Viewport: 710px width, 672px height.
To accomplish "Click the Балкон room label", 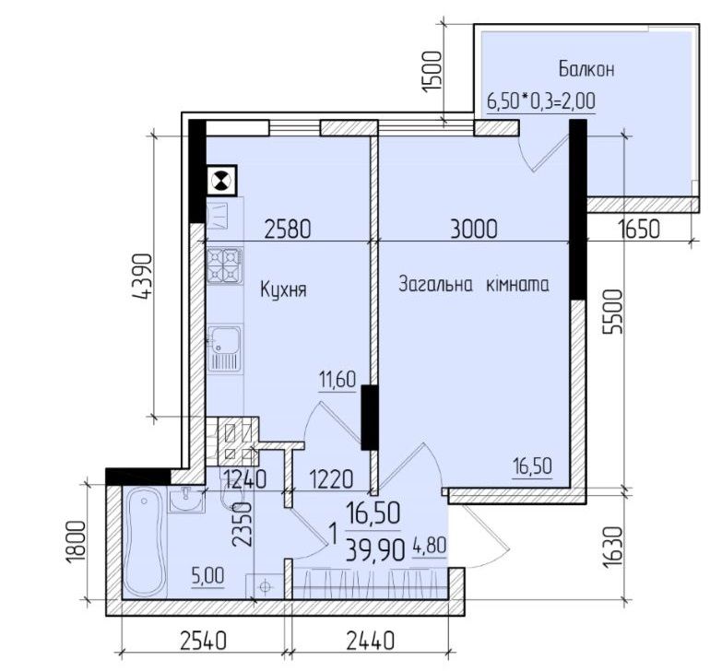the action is point(586,70).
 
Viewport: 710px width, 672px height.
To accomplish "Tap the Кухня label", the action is point(283,289).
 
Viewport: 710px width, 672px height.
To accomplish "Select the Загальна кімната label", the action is point(474,285).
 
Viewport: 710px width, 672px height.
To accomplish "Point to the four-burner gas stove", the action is point(225,265).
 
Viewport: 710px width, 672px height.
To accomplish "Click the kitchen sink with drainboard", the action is point(225,348).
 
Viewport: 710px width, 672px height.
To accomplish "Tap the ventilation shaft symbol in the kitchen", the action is point(221,180).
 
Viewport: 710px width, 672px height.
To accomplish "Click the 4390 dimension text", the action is point(141,277).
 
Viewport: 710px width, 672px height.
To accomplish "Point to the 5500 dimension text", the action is point(614,312).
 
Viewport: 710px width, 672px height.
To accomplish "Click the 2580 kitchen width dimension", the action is point(288,229).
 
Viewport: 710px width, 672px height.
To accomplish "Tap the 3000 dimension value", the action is point(474,229).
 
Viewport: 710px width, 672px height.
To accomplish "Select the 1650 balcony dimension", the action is point(639,229).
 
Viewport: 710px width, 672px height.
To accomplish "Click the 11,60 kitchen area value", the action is point(337,379).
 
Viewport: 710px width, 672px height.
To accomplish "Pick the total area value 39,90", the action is point(375,550).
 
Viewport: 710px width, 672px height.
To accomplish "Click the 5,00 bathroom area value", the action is point(207,576).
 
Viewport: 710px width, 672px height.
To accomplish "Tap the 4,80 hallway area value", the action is point(430,546).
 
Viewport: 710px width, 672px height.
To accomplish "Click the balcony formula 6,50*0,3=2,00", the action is point(541,100).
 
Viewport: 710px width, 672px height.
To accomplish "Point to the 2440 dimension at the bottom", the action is point(371,641).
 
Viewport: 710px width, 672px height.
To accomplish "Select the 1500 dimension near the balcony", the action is point(432,72).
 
